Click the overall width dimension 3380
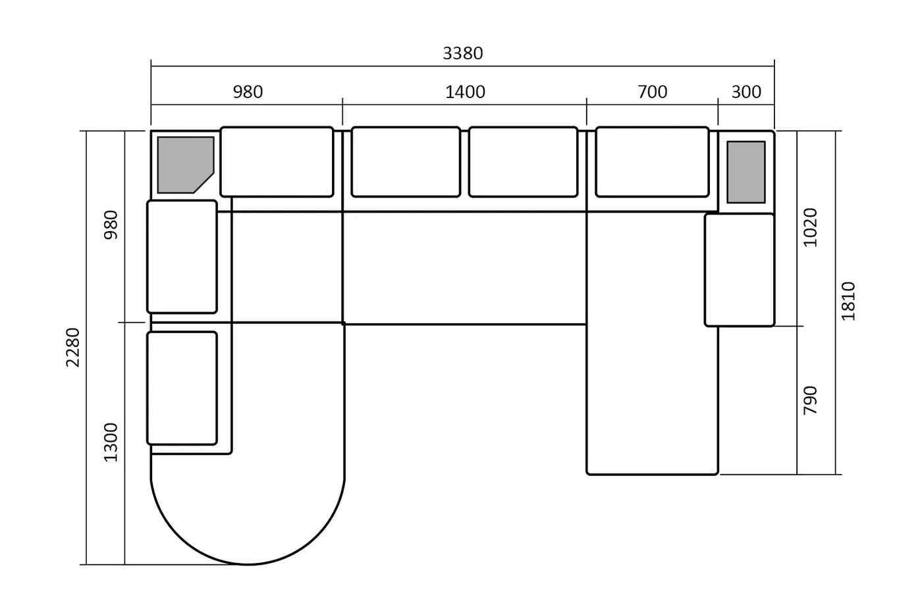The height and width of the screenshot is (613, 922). point(462,53)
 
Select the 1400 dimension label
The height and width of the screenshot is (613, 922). point(465,92)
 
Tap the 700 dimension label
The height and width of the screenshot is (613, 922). point(653,92)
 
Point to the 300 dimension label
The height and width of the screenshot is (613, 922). point(746,92)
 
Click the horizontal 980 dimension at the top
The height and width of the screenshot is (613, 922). point(248,92)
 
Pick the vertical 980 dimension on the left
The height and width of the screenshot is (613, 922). point(111,225)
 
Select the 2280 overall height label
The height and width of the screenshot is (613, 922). point(73,347)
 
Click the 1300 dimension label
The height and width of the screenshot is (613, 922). point(111,442)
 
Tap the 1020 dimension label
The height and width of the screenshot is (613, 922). point(811,228)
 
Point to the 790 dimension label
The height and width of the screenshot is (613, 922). point(811,400)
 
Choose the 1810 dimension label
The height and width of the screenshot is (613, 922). point(848,301)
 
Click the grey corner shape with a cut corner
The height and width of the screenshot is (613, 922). point(185,165)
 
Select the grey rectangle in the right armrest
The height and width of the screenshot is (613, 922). point(746,172)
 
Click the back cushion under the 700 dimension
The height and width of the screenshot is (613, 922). point(652,162)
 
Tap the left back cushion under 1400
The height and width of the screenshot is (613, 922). point(406,162)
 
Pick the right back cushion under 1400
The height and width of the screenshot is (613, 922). point(523,162)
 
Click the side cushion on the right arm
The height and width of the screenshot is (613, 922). point(739,270)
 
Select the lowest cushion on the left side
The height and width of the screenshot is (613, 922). point(182,388)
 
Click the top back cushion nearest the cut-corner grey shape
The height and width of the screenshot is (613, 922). point(277,162)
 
